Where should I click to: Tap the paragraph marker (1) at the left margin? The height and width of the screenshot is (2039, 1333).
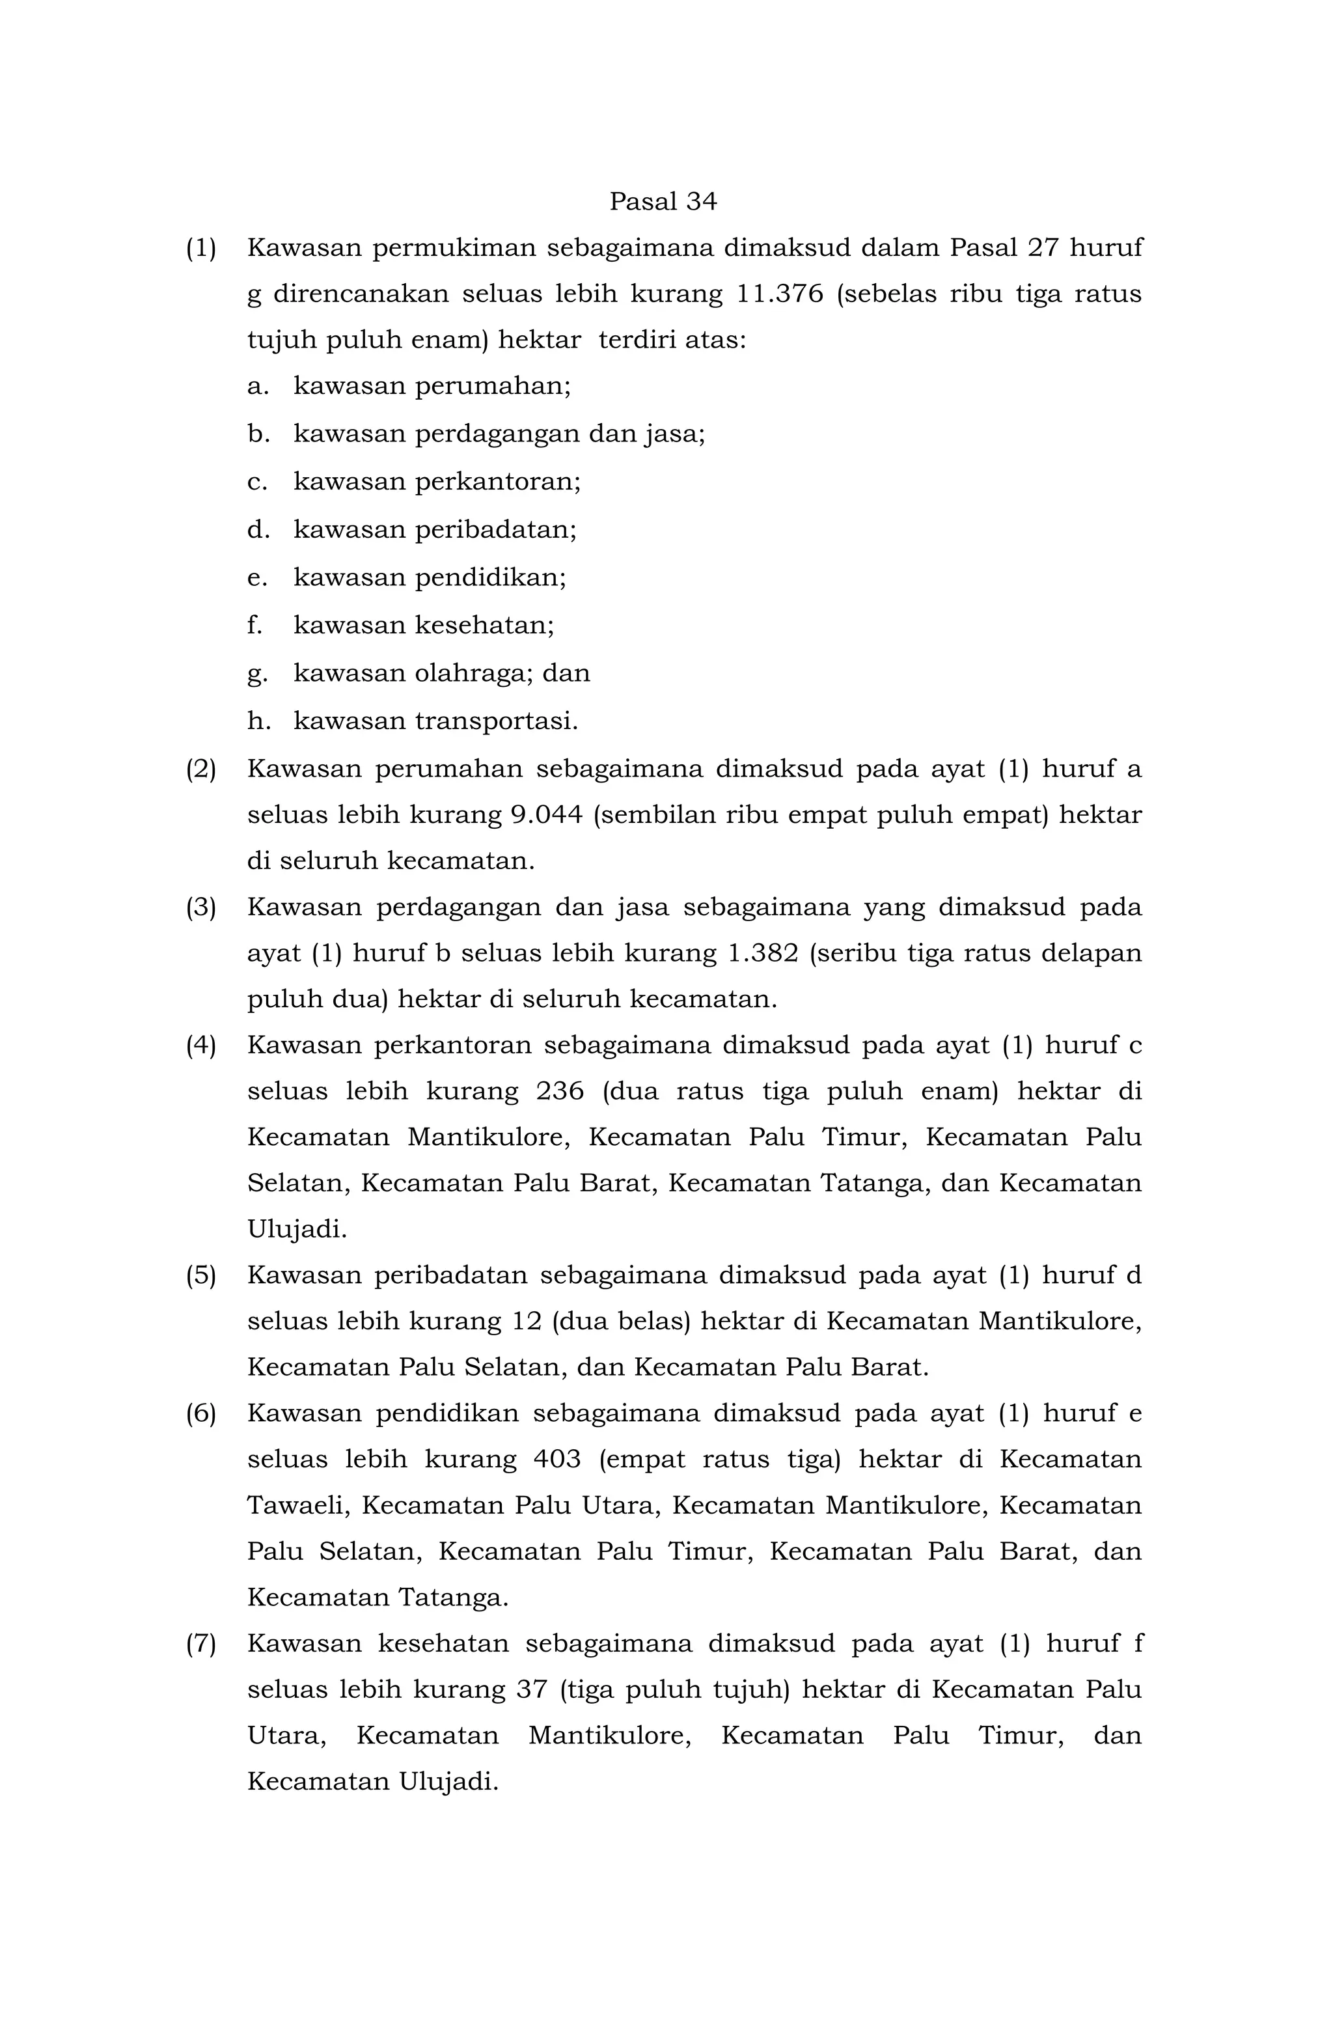tap(200, 249)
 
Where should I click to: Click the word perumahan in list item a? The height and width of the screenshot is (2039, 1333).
tap(493, 387)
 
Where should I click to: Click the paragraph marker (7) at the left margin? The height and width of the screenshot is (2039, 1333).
tap(200, 1644)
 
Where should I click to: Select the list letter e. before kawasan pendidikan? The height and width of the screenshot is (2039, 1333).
tap(257, 578)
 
